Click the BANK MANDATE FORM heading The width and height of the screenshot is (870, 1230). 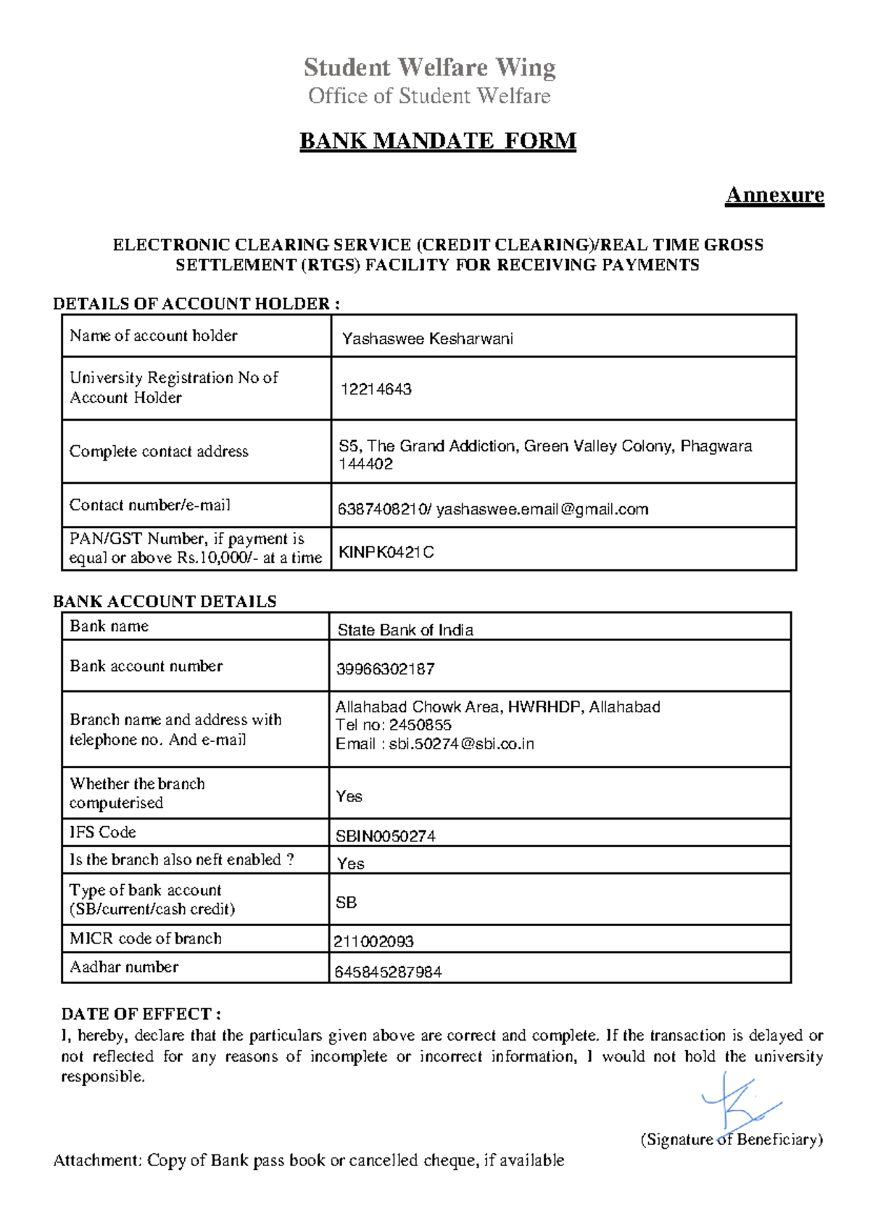[438, 140]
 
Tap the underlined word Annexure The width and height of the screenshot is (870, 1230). [774, 195]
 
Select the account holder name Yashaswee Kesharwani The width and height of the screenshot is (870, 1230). [427, 339]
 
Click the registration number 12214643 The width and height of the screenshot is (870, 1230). [376, 389]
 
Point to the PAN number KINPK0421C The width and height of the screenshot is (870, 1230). [386, 553]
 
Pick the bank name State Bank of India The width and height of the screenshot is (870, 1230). [405, 630]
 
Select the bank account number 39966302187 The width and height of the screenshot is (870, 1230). [385, 669]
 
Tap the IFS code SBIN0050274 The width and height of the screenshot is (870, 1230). [385, 836]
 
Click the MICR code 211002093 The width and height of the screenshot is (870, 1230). [373, 941]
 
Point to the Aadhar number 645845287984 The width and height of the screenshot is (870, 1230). [387, 972]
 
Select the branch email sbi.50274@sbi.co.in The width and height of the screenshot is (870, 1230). [461, 744]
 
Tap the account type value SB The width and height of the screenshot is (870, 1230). [346, 903]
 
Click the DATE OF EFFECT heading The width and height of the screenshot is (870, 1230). [141, 1014]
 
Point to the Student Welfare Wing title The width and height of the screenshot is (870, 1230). [429, 67]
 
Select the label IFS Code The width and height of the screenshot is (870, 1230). [102, 833]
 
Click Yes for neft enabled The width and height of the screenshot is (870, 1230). [350, 864]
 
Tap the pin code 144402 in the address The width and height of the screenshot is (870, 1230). [365, 464]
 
